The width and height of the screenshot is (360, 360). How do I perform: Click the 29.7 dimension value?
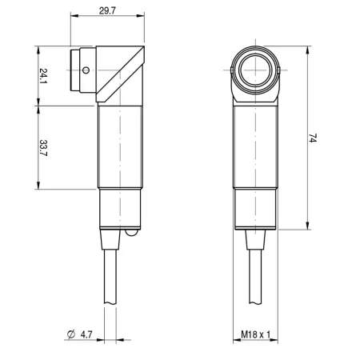[x=107, y=11]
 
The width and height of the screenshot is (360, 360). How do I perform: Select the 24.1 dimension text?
[x=43, y=76]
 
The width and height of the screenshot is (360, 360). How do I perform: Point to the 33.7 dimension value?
[x=43, y=148]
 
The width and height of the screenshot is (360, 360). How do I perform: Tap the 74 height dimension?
[x=313, y=138]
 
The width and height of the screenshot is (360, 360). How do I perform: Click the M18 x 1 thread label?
[x=255, y=334]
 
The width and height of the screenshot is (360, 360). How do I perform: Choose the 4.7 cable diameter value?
[x=86, y=334]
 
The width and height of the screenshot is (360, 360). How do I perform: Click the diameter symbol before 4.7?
[x=71, y=334]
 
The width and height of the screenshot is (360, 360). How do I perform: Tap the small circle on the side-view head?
[x=86, y=70]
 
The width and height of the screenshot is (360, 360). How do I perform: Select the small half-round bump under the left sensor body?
[x=132, y=233]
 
